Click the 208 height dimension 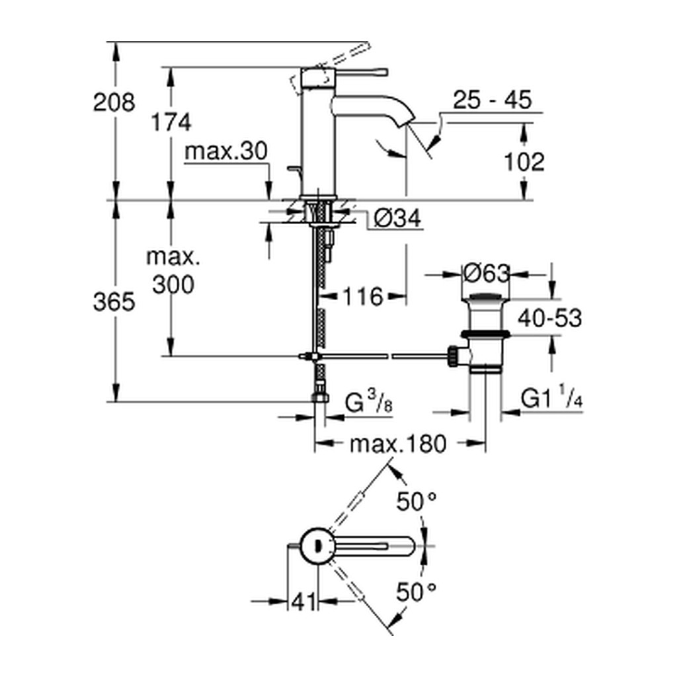(114, 102)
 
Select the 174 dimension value (171, 122)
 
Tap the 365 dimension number (114, 301)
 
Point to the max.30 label (226, 151)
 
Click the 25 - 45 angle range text (492, 100)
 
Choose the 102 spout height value (524, 163)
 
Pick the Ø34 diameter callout (397, 218)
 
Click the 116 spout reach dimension (363, 297)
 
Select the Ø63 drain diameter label (487, 273)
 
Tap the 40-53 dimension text (550, 318)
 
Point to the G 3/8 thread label (369, 403)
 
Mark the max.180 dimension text (397, 444)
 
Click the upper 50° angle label (417, 502)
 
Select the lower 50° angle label (417, 592)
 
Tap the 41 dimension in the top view (303, 602)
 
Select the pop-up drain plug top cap (487, 297)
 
